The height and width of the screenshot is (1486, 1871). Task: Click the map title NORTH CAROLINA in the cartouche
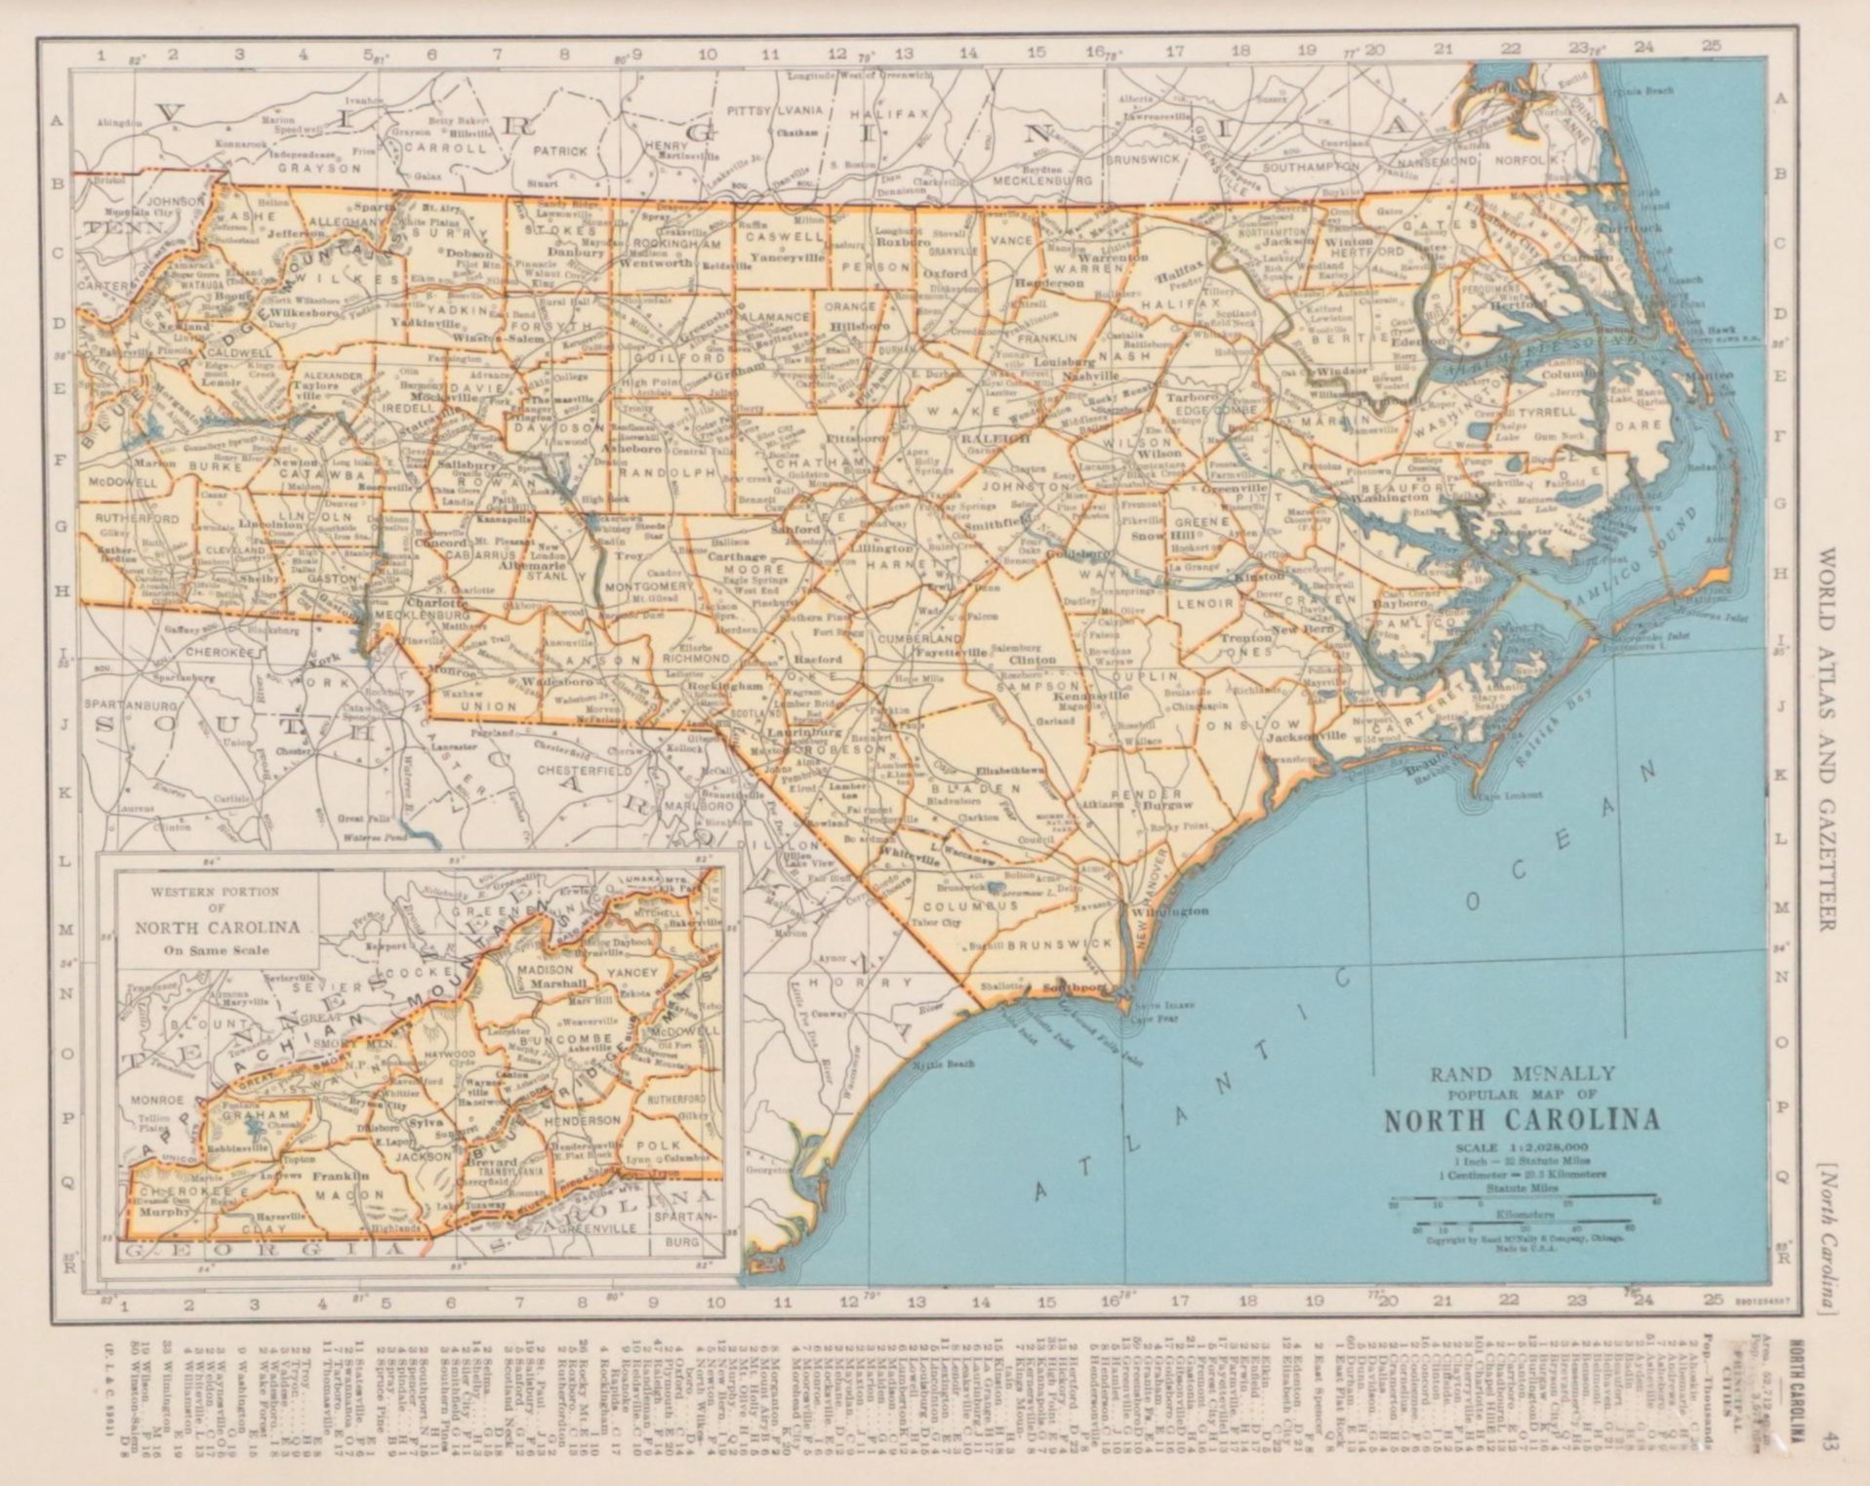(x=1522, y=1119)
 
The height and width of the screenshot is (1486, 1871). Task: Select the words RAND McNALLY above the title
(x=1523, y=1074)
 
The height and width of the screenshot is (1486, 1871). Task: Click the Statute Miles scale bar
(x=1522, y=1195)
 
